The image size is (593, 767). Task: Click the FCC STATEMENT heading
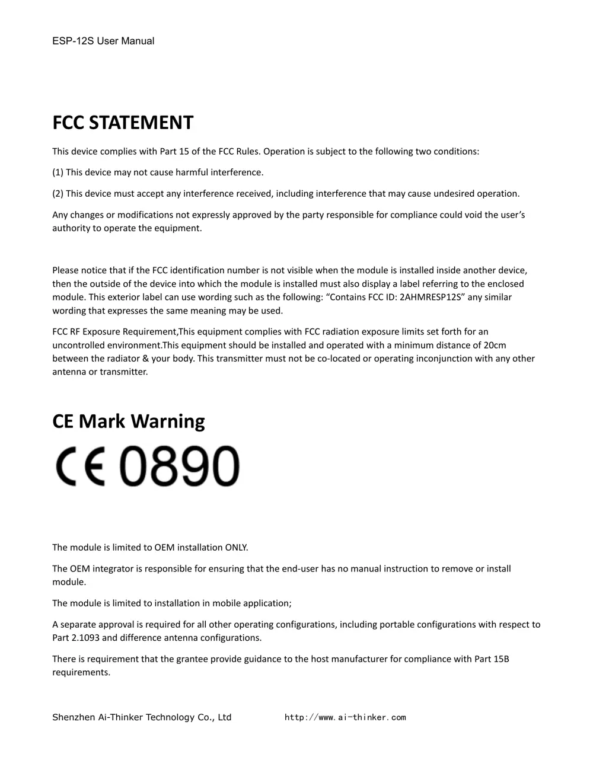pos(123,123)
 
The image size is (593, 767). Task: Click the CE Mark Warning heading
pos(129,421)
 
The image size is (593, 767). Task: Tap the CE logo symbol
pos(80,466)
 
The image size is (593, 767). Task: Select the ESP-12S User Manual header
pos(103,41)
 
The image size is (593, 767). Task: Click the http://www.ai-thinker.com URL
pos(345,717)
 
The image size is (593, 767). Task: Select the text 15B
pos(500,659)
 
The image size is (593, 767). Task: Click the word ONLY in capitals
pos(236,547)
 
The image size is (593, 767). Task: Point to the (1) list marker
pos(58,172)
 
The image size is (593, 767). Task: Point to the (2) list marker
pos(58,193)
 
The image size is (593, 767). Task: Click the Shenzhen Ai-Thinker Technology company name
pos(142,717)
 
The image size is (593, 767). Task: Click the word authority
pos(71,228)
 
